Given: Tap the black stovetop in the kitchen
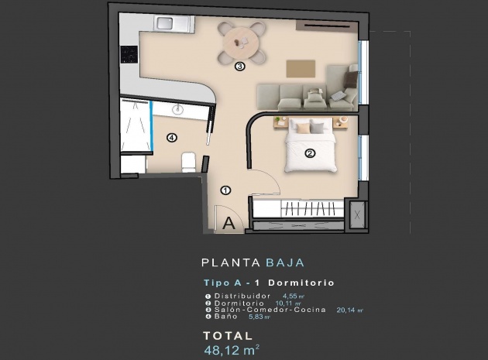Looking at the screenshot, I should pos(129,54).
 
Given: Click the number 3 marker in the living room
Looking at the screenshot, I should pos(240,67).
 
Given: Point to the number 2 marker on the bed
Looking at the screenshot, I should pos(310,153).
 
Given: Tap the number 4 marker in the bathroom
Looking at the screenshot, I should pos(171,139).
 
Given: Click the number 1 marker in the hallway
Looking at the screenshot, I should pos(225,190).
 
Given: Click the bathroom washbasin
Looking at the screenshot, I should pos(180,109).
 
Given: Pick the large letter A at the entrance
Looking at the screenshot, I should pos(229,224).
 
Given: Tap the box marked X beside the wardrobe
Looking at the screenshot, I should pos(357,215).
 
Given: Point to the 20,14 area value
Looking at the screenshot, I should pos(349,310).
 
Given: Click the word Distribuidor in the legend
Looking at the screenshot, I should pos(242,296).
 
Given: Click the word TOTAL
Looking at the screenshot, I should pos(227,335).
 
